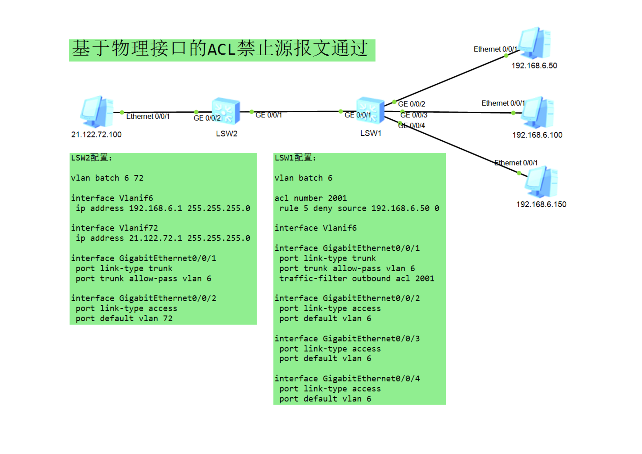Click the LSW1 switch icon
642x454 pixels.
(370, 110)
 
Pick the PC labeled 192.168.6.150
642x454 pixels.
(541, 182)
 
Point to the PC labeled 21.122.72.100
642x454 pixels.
(97, 112)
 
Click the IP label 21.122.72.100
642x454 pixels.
(96, 135)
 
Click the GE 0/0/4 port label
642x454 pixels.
(412, 126)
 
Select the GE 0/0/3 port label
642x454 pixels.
(414, 115)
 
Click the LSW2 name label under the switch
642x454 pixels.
(227, 134)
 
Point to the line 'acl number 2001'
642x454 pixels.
(310, 198)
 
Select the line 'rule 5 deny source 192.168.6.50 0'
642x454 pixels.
(359, 208)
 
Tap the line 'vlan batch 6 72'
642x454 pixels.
(107, 178)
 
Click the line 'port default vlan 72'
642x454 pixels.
(124, 318)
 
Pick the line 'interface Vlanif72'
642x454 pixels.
(114, 228)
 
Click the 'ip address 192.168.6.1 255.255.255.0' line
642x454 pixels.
(163, 208)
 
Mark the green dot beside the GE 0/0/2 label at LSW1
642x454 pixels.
(394, 102)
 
